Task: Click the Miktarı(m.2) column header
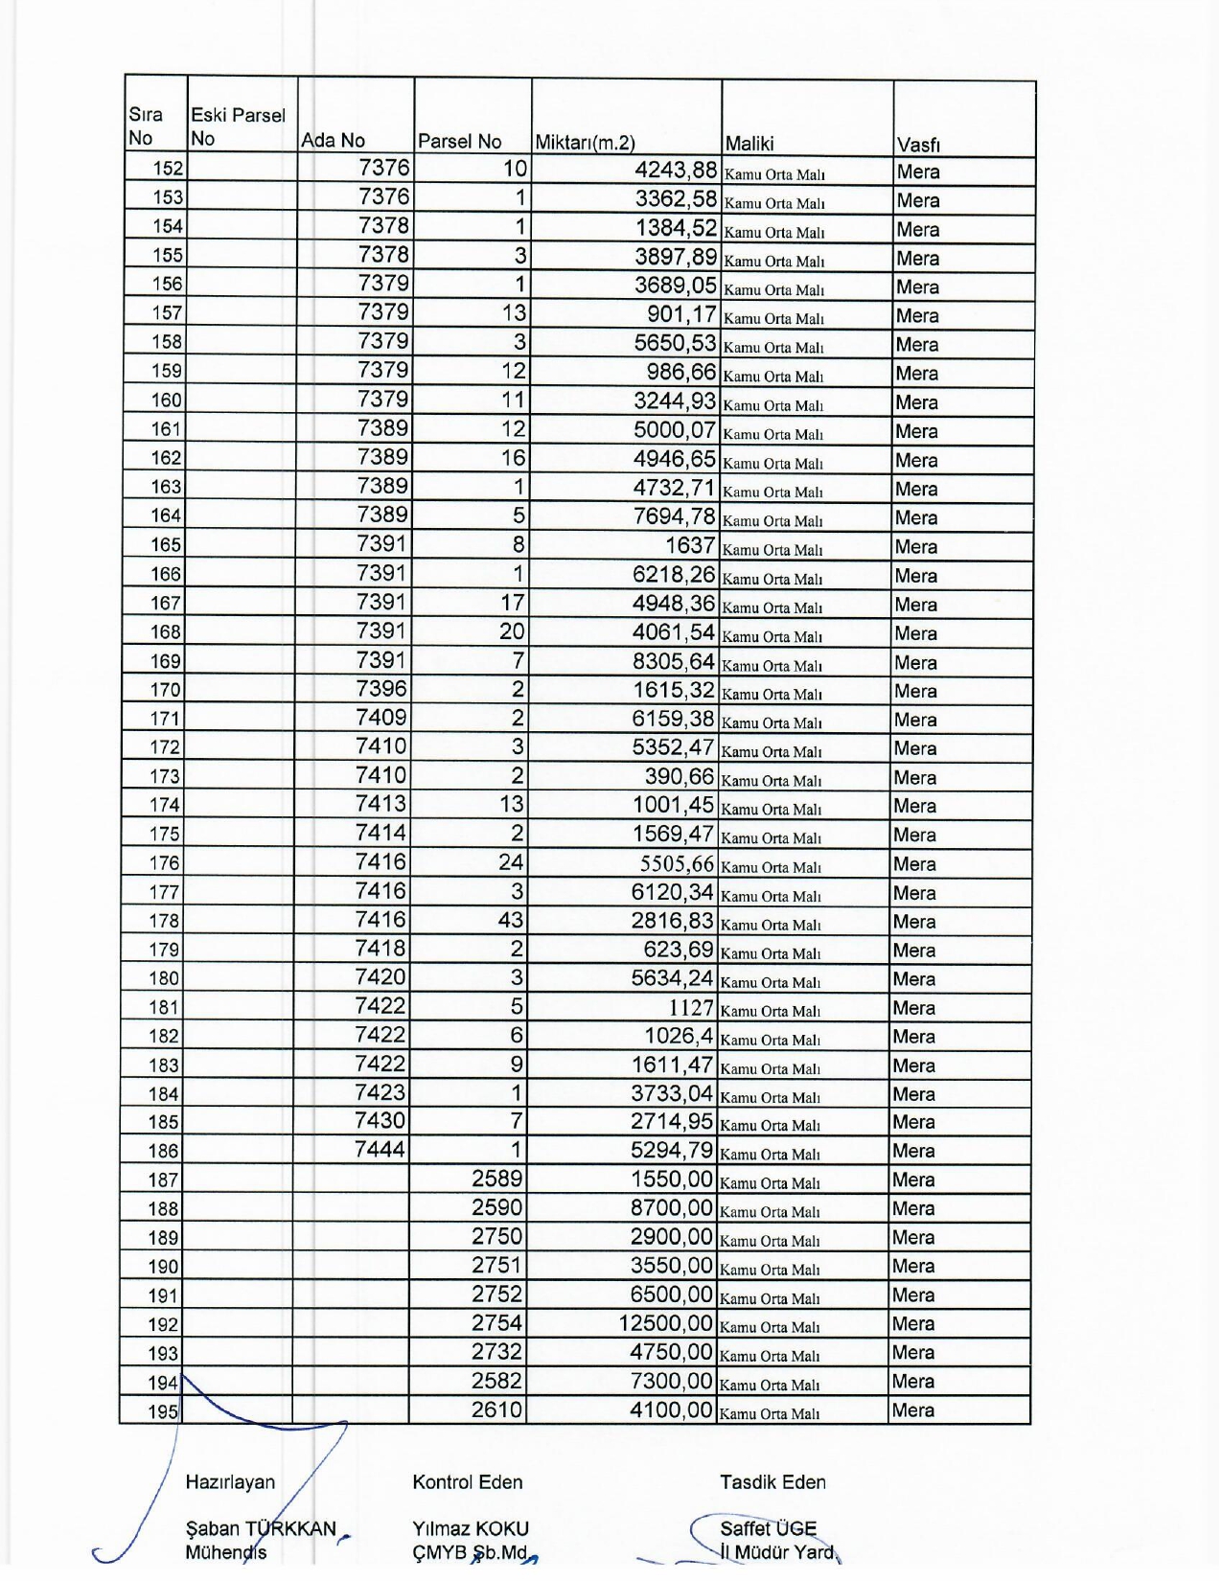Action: [585, 144]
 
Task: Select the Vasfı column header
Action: [918, 146]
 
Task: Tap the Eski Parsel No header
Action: [238, 126]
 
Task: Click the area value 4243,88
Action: [676, 171]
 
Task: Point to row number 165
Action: [166, 545]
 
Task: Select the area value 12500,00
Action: [666, 1324]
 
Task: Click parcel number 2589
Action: [496, 1180]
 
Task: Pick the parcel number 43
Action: [511, 920]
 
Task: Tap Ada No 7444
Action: [380, 1150]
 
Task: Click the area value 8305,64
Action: [673, 661]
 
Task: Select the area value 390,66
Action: [679, 777]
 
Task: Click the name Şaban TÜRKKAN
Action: [261, 1529]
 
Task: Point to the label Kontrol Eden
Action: [468, 1482]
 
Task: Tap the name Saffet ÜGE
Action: [768, 1529]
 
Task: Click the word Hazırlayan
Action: [230, 1482]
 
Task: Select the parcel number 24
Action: [511, 862]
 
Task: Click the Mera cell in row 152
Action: [918, 172]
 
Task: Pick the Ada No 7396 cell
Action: [381, 689]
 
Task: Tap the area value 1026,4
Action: [679, 1036]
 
